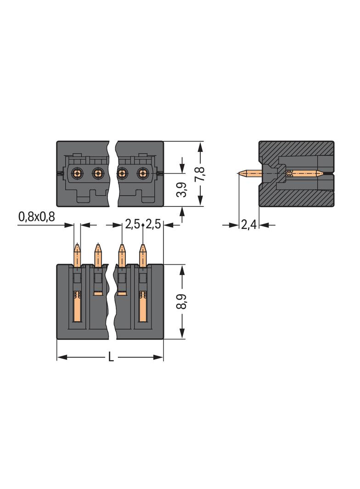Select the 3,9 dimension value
tap(182, 189)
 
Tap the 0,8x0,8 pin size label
tap(36, 217)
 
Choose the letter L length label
tap(111, 357)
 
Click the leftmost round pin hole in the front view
tap(77, 173)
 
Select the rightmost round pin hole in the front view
tap(143, 173)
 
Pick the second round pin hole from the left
tap(98, 173)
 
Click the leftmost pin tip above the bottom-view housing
tap(77, 247)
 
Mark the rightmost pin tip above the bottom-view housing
tap(143, 247)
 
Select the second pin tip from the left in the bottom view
tap(98, 247)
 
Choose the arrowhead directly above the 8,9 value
tap(182, 270)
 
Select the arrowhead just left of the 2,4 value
tap(235, 225)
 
